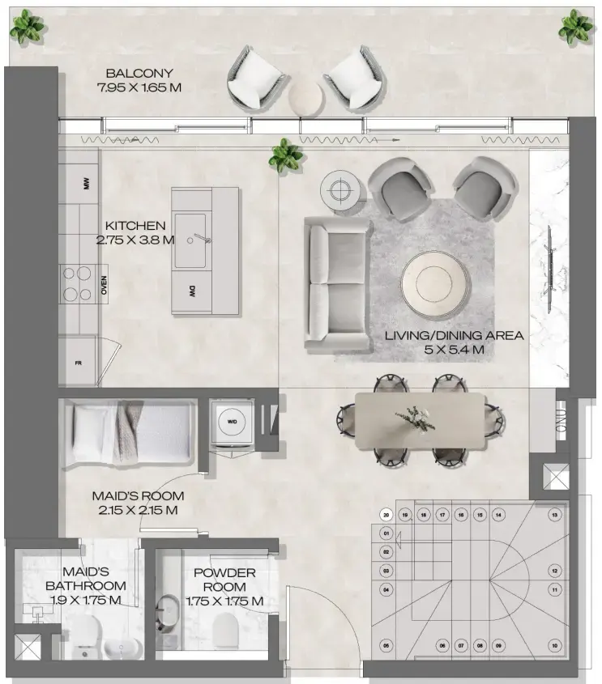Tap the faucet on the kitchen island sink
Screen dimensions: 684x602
pos(200,240)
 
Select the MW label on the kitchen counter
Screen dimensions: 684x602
pos(86,185)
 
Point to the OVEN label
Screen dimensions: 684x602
pos(104,284)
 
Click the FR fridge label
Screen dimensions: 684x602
pos(79,363)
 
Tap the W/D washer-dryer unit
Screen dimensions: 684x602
pos(233,421)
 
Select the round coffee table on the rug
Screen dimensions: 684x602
pos(436,283)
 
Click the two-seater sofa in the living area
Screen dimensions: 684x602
pos(337,283)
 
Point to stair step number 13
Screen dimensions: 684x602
pos(554,515)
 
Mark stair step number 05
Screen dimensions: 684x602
pos(386,645)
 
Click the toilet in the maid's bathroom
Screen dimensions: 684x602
pos(83,633)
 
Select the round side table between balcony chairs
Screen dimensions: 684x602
pos(305,98)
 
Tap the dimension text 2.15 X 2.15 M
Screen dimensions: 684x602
pos(136,510)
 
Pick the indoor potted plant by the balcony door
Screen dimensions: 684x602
pos(286,154)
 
